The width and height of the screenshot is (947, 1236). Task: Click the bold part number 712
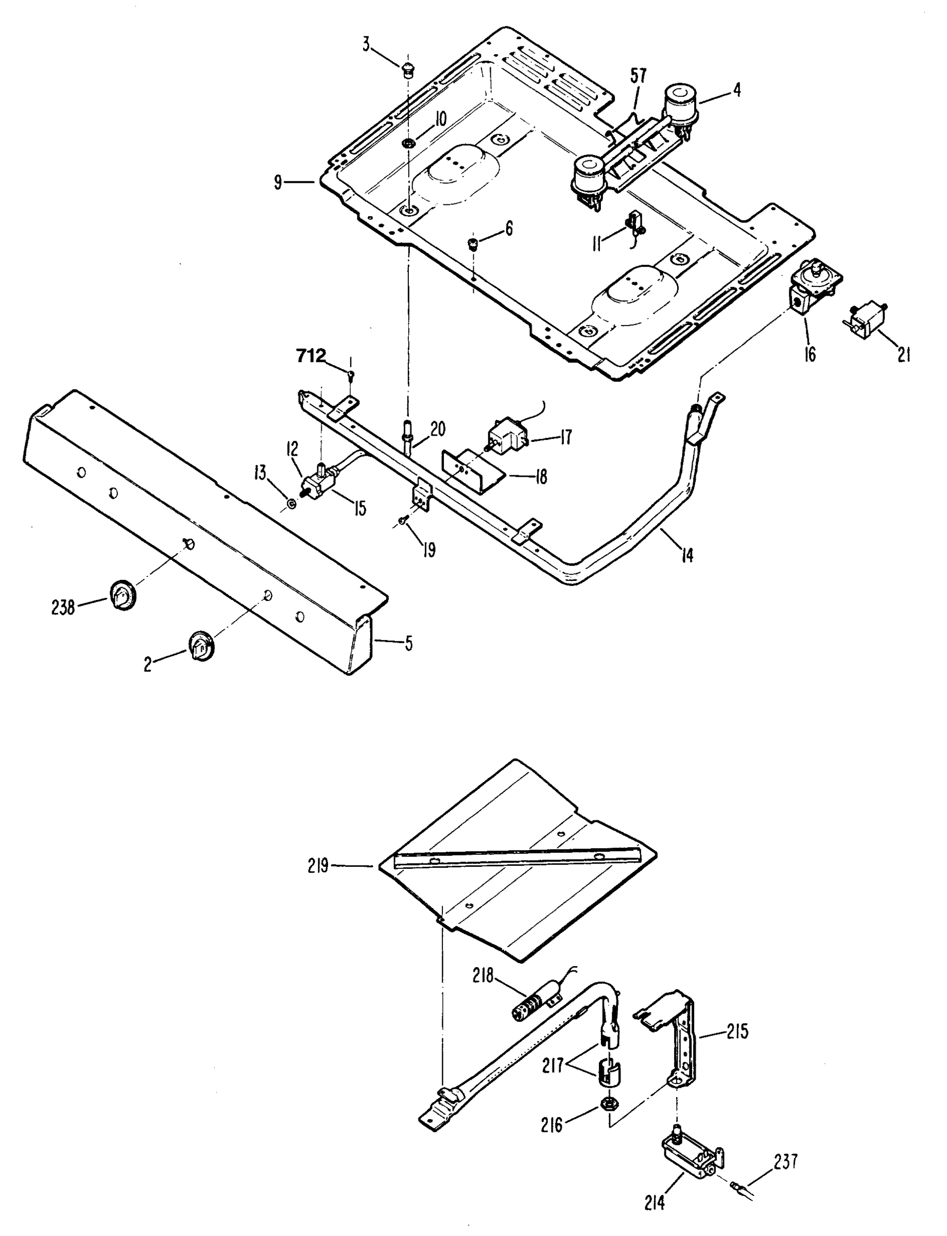[x=311, y=356]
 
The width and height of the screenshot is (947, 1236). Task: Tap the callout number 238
[x=63, y=608]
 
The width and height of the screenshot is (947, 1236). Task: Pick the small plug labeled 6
[x=472, y=244]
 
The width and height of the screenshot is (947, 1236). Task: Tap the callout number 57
[x=638, y=76]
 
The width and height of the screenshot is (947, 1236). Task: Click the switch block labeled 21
[x=867, y=318]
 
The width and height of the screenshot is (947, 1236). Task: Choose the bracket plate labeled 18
[x=470, y=471]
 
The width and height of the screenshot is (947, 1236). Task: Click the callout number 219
[x=318, y=865]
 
